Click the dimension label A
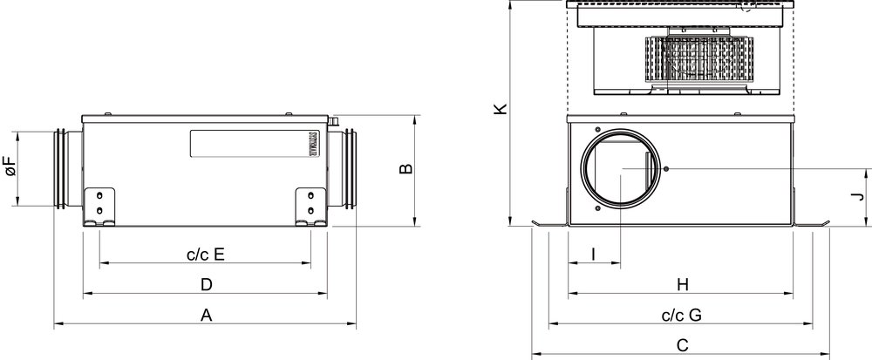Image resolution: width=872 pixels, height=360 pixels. coord(207,316)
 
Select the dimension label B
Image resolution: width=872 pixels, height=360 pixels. coord(406,168)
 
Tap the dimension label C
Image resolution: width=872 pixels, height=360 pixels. coord(683,345)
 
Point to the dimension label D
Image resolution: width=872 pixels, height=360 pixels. coord(207,285)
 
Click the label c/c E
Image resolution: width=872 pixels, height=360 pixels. coord(206,255)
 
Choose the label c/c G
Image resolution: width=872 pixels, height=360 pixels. coord(682,315)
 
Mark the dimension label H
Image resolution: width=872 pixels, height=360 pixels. coord(683,285)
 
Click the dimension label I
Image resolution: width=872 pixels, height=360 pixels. coord(593,255)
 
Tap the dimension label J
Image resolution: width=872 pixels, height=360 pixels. coord(860,196)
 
